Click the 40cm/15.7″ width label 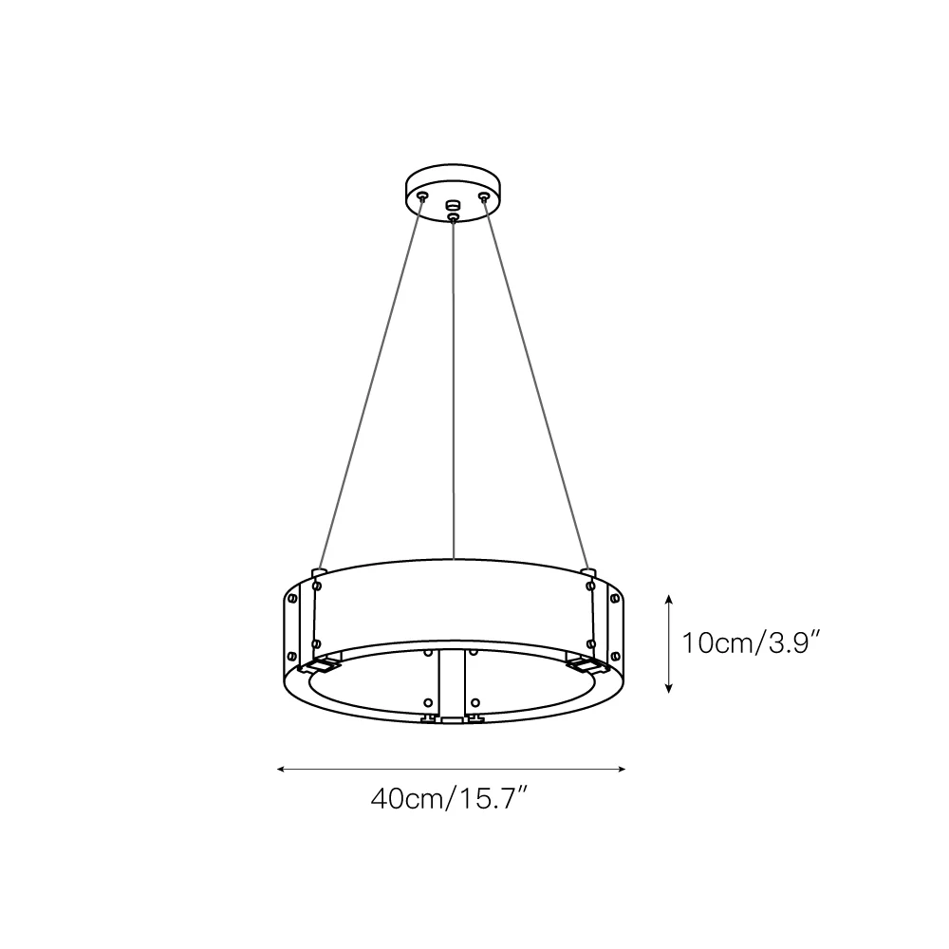[x=450, y=799]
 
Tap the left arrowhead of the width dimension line [x=280, y=770]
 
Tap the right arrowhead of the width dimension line [x=622, y=770]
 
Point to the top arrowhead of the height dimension [x=669, y=598]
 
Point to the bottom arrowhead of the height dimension [x=669, y=689]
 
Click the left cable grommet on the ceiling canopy [x=423, y=195]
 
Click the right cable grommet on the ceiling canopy [x=483, y=196]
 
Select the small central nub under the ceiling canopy [x=453, y=205]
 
